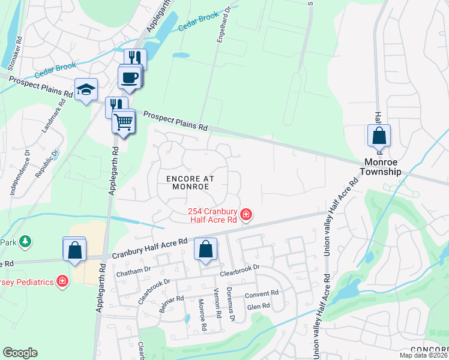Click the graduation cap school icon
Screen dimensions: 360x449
click(x=86, y=90)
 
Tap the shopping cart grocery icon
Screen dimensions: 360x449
click(x=123, y=122)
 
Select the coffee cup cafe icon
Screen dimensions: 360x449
click(x=129, y=77)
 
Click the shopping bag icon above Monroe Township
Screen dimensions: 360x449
click(x=379, y=136)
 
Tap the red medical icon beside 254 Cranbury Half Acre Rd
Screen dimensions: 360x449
click(x=246, y=214)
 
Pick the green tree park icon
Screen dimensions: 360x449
click(x=25, y=241)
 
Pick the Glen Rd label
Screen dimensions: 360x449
click(x=259, y=305)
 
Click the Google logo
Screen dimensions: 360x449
click(x=20, y=353)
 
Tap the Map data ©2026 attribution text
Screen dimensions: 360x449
click(x=423, y=355)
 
